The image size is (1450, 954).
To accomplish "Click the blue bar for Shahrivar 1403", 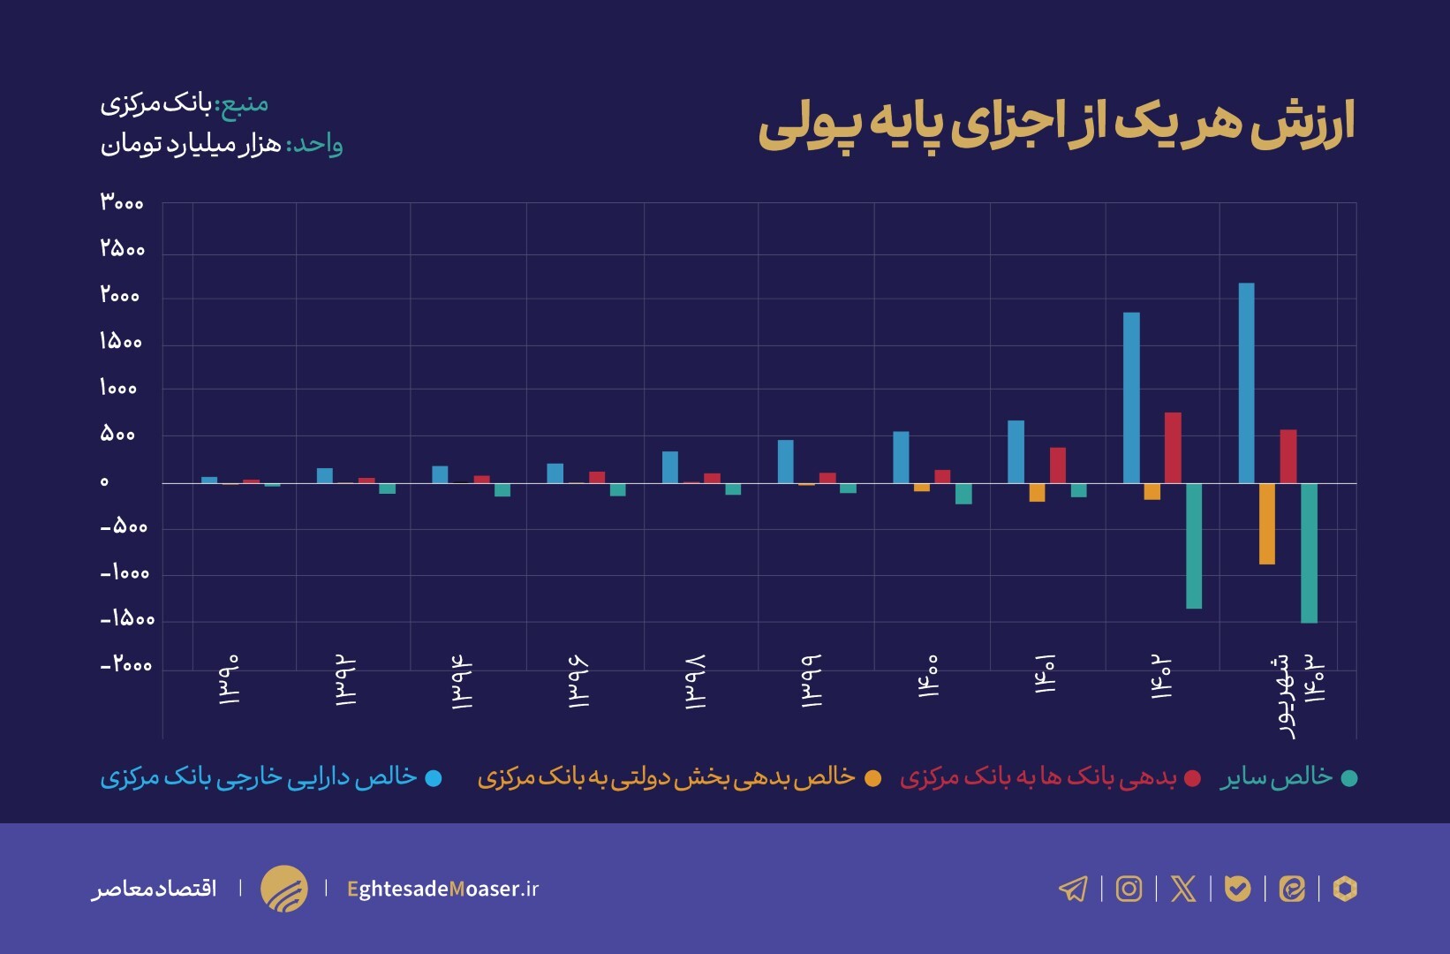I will point(1246,383).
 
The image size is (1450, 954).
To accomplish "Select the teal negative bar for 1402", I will point(1193,546).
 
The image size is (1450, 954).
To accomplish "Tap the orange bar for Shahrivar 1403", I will point(1266,524).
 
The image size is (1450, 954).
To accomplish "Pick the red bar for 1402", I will point(1173,448).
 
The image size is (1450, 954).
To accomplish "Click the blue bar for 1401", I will point(1016,451).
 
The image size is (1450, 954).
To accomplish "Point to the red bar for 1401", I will point(1057,466).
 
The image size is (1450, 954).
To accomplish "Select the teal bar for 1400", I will point(963,494).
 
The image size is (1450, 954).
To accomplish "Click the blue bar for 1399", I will point(785,461).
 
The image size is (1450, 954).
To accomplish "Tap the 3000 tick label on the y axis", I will point(122,202).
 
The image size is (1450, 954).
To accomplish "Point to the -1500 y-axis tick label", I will point(127,619).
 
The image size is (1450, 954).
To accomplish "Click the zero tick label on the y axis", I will point(104,482).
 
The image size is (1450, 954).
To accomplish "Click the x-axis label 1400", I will point(928,677).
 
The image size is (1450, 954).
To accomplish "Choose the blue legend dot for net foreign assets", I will point(434,778).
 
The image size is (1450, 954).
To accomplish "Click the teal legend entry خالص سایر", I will point(1277,776).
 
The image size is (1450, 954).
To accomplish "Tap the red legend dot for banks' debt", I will point(1192,778).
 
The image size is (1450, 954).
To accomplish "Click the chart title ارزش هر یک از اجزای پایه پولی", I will point(1056,125).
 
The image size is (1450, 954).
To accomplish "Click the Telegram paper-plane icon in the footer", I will point(1073,889).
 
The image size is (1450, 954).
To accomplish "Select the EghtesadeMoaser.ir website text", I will point(442,889).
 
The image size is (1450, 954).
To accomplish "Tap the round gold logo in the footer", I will point(284,889).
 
